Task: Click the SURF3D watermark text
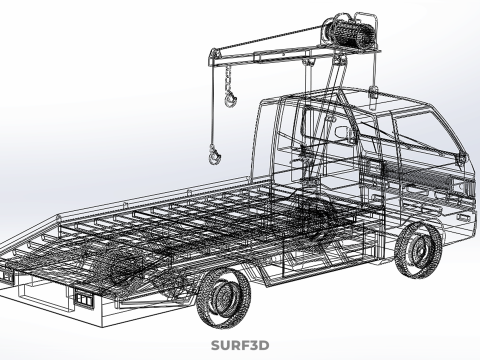[x=240, y=345]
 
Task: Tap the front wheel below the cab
[x=418, y=249]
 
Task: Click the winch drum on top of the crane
[x=348, y=33]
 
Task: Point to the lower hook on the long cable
[x=214, y=155]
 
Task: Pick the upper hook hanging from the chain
[x=230, y=99]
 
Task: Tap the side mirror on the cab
[x=343, y=133]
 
